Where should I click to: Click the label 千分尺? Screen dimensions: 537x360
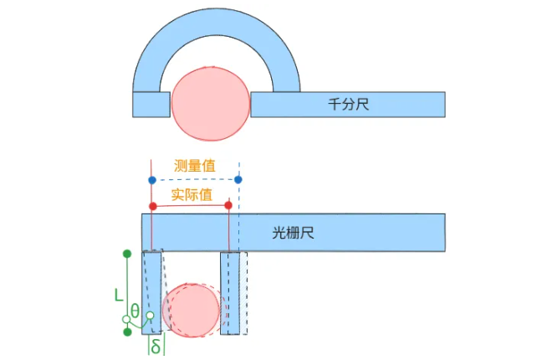point(349,104)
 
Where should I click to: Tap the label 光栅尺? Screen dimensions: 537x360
point(293,233)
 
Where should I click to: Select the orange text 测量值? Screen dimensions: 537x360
point(195,166)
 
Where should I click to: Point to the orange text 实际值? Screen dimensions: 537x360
point(192,195)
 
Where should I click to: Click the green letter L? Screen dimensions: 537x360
point(119,295)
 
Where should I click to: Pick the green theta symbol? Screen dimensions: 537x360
point(135,311)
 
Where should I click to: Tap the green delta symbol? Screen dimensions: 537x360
point(156,347)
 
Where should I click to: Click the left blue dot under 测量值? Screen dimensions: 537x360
point(152,180)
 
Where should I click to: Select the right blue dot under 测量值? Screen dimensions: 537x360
point(238,179)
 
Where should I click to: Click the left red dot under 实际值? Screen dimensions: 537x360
point(153,206)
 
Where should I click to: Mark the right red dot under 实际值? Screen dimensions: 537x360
point(228,205)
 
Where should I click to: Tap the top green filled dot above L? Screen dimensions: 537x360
point(127,254)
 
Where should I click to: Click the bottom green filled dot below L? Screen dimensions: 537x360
point(127,332)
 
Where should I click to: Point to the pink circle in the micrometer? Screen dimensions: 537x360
point(211,104)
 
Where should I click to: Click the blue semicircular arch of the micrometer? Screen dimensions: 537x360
point(217,22)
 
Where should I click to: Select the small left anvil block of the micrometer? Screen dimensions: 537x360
point(151,105)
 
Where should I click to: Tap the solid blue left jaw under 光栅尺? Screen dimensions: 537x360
point(151,293)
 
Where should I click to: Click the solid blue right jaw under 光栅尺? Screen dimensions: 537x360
point(230,293)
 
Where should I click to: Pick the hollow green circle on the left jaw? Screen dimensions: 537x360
point(150,315)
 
